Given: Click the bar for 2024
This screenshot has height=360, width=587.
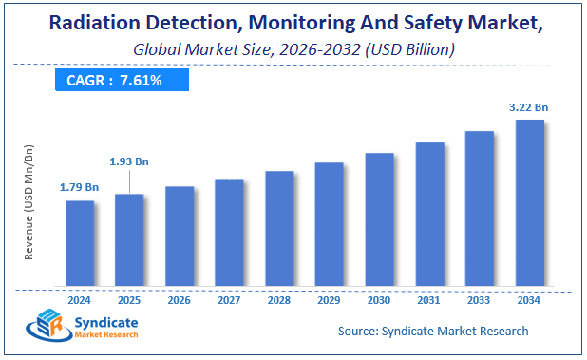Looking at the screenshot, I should [80, 243].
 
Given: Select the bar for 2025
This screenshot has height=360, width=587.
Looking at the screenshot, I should [130, 240].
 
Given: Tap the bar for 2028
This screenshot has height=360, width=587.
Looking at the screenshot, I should [279, 229].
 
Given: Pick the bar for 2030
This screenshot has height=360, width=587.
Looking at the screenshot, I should [380, 219].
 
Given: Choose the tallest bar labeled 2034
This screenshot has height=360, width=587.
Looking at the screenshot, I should [529, 203].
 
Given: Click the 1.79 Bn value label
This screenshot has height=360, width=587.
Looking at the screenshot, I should [80, 187].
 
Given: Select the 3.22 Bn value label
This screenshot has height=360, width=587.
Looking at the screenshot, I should [529, 107].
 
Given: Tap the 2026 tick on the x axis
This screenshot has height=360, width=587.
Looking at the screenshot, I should [180, 300].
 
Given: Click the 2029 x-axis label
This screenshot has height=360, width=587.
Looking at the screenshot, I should [330, 300].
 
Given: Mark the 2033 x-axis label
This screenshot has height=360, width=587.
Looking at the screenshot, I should [480, 300].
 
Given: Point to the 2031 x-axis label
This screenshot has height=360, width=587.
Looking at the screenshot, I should [429, 300].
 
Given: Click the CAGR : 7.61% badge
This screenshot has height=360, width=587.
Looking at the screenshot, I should [115, 81].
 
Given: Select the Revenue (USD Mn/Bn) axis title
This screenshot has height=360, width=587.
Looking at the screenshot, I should [28, 202].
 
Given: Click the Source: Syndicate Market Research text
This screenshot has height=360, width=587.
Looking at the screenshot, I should [433, 331].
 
